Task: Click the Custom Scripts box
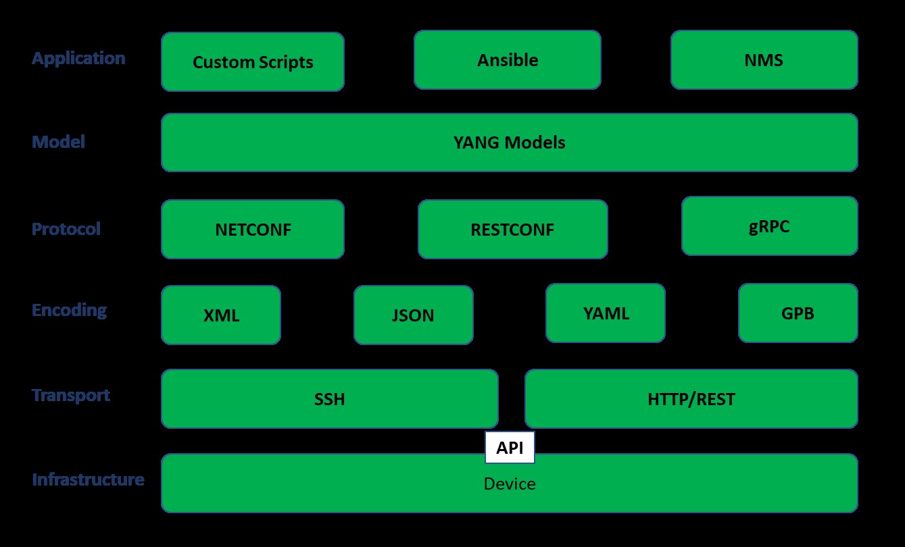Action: pos(252,62)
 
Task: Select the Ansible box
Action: pos(507,59)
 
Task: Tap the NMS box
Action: pos(764,59)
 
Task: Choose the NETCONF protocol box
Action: pos(252,229)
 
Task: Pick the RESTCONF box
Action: pos(512,229)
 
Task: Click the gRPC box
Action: pos(769,226)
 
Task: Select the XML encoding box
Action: pos(220,315)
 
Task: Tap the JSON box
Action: pos(413,315)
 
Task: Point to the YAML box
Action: pos(605,313)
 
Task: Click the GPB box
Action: pos(798,313)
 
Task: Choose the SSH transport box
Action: pos(329,398)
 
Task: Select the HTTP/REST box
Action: pos(691,398)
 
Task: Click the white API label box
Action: pos(510,448)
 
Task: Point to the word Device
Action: pos(510,484)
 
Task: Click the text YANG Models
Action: pos(509,142)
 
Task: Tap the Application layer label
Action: pos(78,58)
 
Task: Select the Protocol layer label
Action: pos(66,229)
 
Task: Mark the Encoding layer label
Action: pos(70,310)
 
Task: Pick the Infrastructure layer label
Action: pos(88,479)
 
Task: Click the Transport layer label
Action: pos(71,395)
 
